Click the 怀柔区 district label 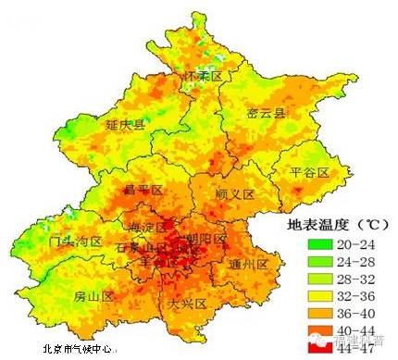tap(204, 75)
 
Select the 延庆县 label tap(126, 124)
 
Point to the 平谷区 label tap(297, 172)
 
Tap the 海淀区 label tap(148, 228)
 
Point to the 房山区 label tap(93, 297)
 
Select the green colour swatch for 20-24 tap(319, 245)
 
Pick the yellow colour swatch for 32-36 tap(319, 298)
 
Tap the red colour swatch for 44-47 tap(319, 350)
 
